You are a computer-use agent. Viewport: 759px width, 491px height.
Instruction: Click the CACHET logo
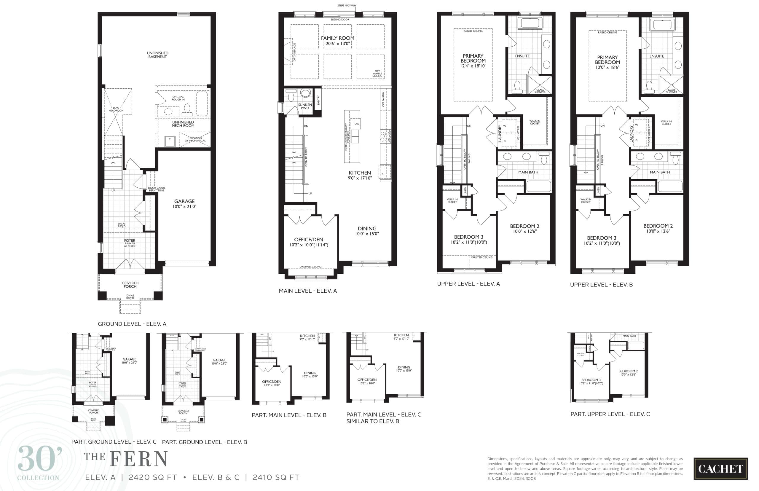point(720,469)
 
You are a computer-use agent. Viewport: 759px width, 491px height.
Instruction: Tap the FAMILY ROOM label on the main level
point(337,38)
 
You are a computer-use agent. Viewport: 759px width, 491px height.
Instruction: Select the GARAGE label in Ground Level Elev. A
point(184,201)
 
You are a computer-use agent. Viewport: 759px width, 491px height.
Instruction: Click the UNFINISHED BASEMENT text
point(157,55)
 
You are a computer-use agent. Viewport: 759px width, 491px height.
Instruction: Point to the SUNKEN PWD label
point(305,106)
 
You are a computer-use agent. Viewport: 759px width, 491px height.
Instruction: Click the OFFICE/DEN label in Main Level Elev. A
point(308,240)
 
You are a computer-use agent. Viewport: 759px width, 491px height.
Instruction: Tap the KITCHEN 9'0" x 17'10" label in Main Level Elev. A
point(360,175)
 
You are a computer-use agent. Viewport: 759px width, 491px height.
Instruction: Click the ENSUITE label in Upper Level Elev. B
point(656,56)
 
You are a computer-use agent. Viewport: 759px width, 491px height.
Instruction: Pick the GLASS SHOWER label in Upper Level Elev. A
point(540,91)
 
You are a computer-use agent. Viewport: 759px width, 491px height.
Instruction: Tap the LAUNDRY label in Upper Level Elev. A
point(500,133)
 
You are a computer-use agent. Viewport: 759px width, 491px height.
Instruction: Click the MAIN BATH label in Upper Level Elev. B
point(660,172)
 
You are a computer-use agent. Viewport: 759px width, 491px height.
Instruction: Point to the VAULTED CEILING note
point(481,257)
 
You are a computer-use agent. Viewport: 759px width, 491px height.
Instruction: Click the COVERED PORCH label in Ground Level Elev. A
point(130,285)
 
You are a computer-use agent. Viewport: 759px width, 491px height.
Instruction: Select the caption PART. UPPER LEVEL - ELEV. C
point(610,414)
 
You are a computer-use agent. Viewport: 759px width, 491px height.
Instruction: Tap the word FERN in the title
point(139,460)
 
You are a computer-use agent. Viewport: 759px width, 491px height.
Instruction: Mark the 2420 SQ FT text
point(153,478)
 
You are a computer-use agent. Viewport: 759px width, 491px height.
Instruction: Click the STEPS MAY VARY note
point(347,6)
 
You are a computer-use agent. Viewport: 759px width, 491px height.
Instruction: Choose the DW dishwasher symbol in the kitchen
point(357,124)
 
